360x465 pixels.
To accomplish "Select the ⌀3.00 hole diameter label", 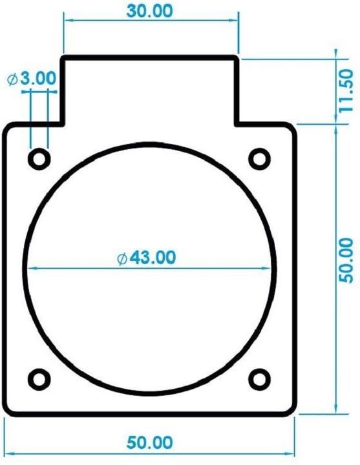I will (x=31, y=79).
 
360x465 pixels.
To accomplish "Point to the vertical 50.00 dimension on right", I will (x=346, y=260).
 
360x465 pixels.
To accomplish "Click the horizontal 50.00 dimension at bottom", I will (x=149, y=443).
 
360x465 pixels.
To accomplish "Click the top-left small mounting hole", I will (x=39, y=158).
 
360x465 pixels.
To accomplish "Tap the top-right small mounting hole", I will (x=259, y=158).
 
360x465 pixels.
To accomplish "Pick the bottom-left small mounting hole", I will (x=39, y=378).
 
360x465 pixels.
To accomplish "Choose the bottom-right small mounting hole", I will (x=259, y=378).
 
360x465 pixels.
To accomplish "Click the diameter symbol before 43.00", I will (x=122, y=258).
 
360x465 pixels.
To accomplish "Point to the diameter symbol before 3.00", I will (x=12, y=79).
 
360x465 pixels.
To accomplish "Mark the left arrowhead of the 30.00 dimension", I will (x=67, y=20).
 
